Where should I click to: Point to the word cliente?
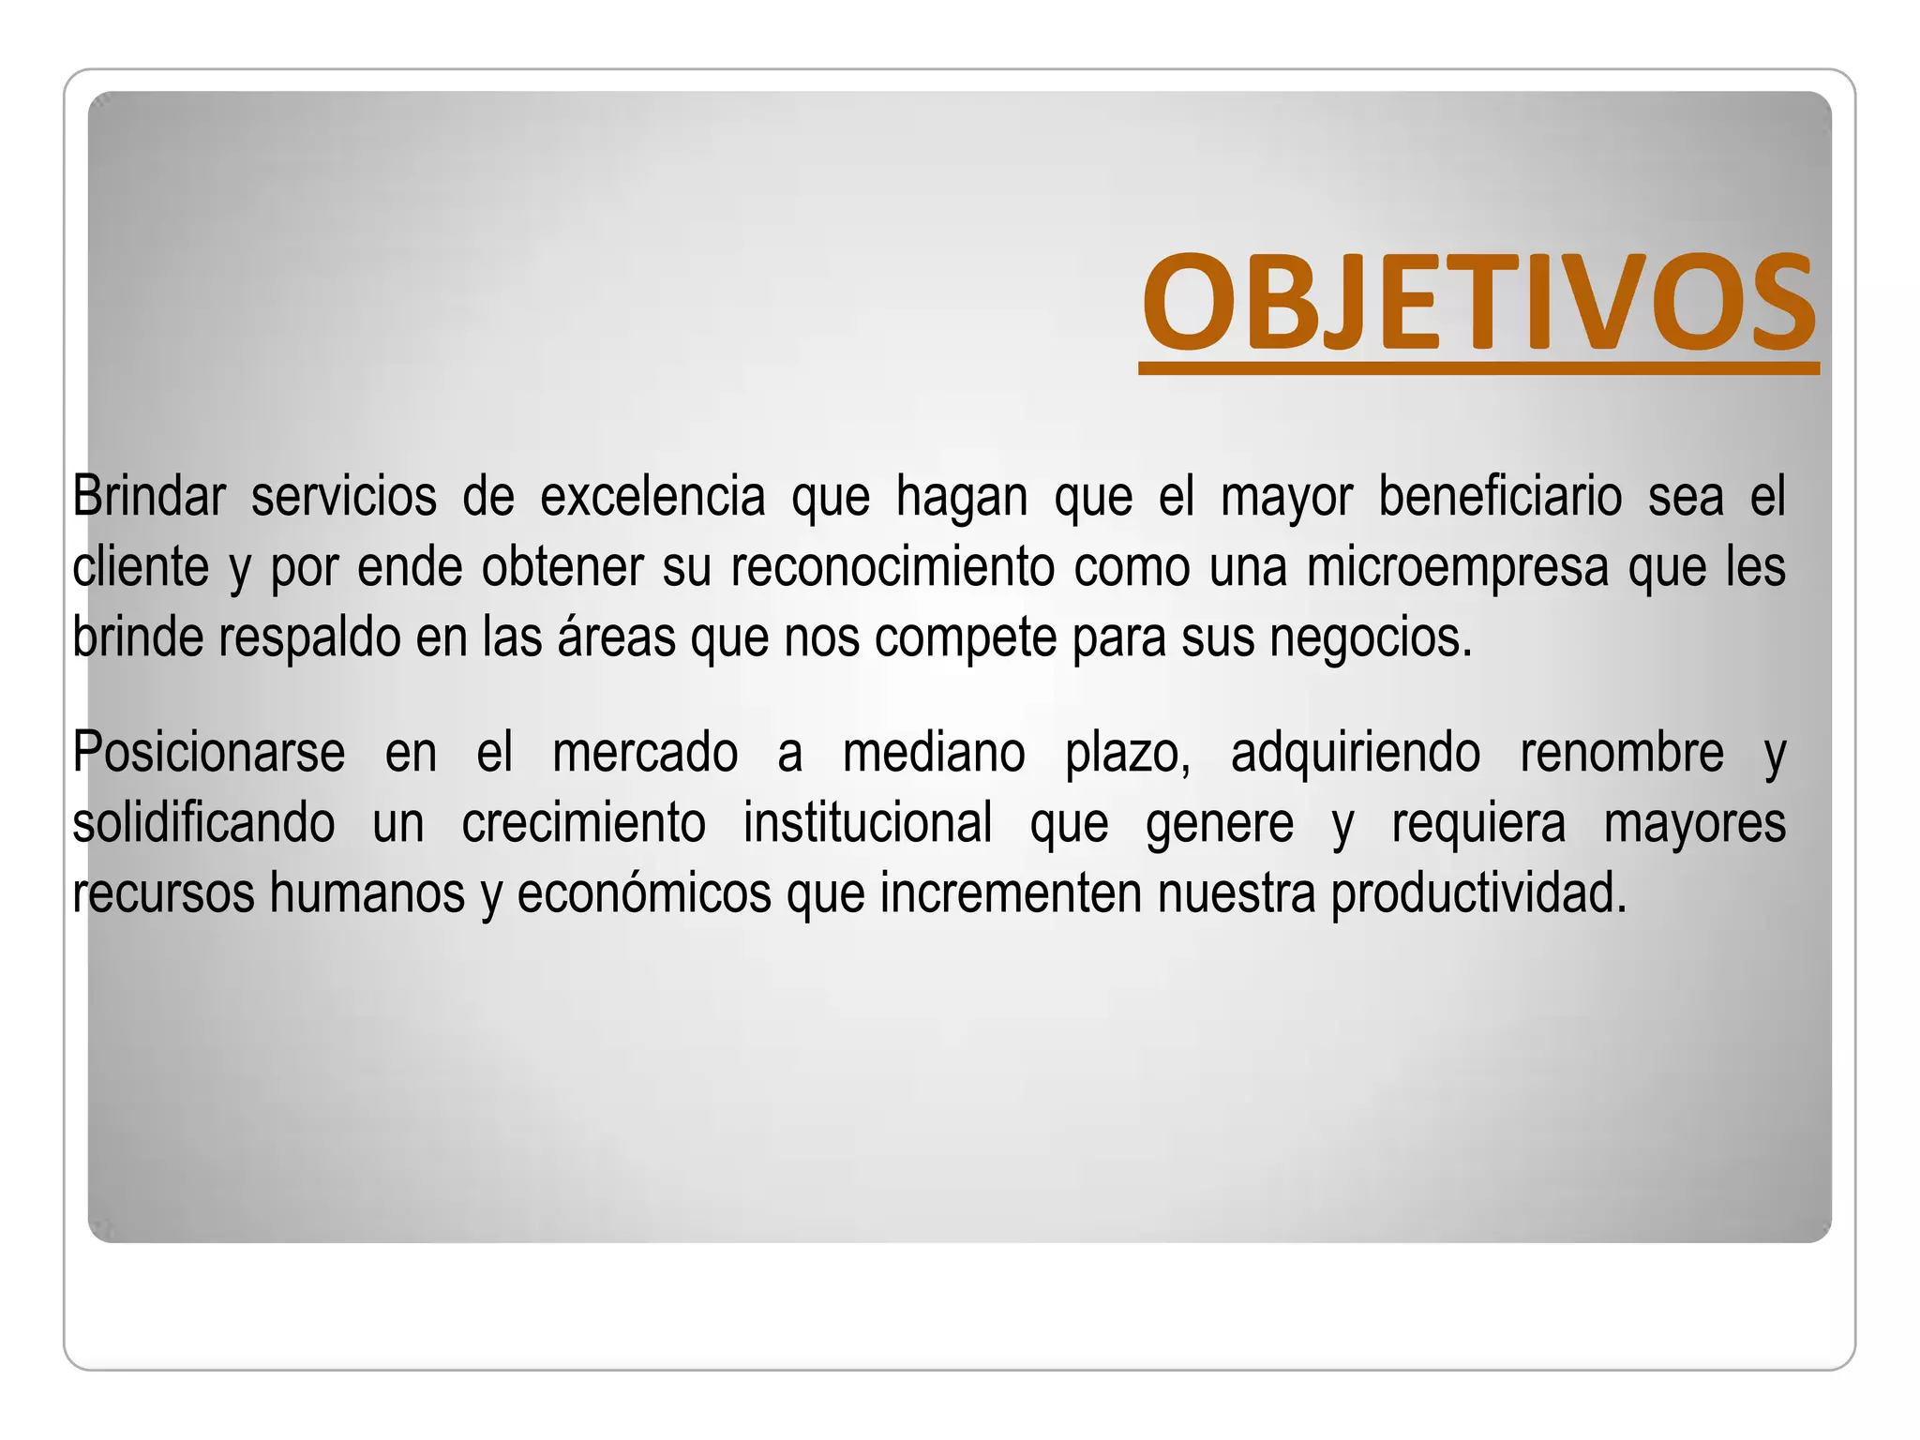(140, 567)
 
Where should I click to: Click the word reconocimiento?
(892, 567)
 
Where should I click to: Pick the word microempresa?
(1457, 567)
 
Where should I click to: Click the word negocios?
(1372, 637)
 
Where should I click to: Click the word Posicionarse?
(208, 753)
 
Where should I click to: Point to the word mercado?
(645, 753)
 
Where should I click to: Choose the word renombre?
(1621, 753)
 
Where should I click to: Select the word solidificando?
(203, 823)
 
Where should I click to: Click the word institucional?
(867, 823)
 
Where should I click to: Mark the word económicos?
(644, 893)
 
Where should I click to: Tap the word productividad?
(1478, 893)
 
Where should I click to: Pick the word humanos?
(367, 893)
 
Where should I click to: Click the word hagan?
(962, 498)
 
